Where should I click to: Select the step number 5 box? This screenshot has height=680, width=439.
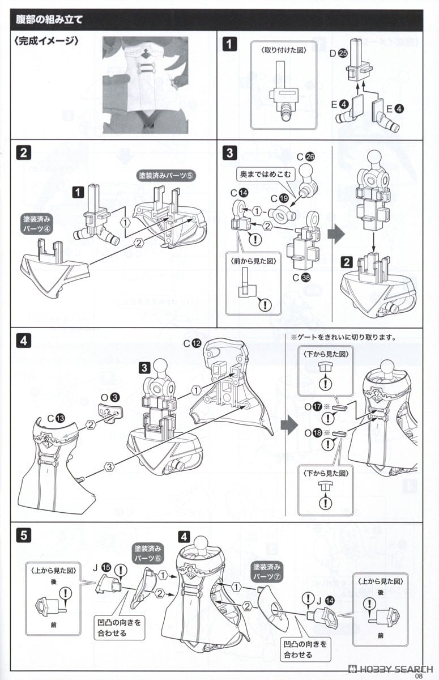[24, 534]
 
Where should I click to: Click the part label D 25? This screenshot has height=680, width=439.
[339, 54]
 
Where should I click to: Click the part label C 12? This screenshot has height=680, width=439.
[191, 343]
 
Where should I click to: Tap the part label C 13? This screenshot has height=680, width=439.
[56, 418]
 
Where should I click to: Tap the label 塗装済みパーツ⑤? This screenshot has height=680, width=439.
[159, 176]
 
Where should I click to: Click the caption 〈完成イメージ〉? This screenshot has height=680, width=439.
[45, 42]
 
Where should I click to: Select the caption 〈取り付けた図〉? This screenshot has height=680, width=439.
[283, 50]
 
